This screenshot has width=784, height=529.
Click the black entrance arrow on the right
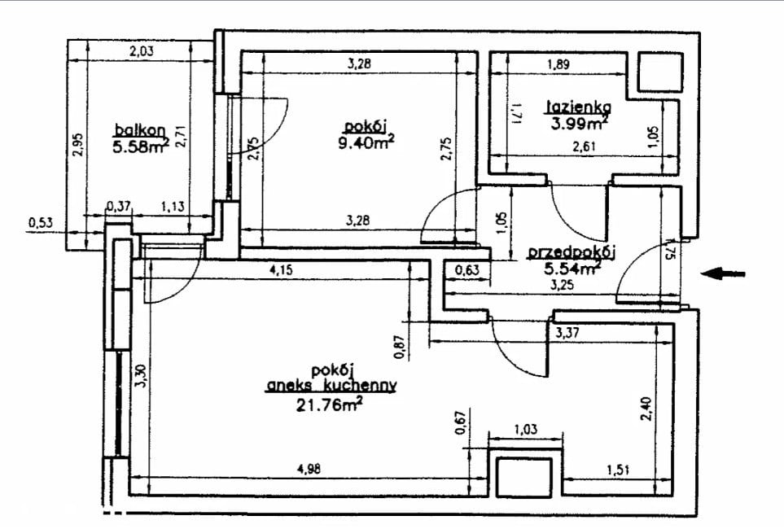pyautogui.click(x=723, y=273)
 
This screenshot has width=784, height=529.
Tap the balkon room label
pyautogui.click(x=140, y=130)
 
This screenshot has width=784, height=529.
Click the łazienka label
pyautogui.click(x=579, y=107)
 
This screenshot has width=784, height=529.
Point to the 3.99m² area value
pyautogui.click(x=580, y=122)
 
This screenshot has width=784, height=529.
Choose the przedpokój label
pyautogui.click(x=572, y=252)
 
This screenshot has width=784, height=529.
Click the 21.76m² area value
pyautogui.click(x=329, y=403)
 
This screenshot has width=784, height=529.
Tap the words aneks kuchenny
pyautogui.click(x=331, y=386)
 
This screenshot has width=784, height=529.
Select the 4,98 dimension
pyautogui.click(x=309, y=469)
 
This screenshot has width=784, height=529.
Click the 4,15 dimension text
pyautogui.click(x=282, y=270)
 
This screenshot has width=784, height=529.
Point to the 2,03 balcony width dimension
pyautogui.click(x=142, y=50)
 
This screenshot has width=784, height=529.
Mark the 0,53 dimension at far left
pyautogui.click(x=41, y=222)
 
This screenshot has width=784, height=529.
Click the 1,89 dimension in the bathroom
pyautogui.click(x=558, y=64)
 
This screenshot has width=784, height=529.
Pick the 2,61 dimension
pyautogui.click(x=585, y=146)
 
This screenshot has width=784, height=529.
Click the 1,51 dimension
pyautogui.click(x=618, y=470)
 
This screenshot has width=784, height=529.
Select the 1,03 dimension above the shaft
pyautogui.click(x=525, y=429)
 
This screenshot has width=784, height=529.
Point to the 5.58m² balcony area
pyautogui.click(x=142, y=146)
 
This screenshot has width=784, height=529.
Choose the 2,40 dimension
pyautogui.click(x=646, y=409)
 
